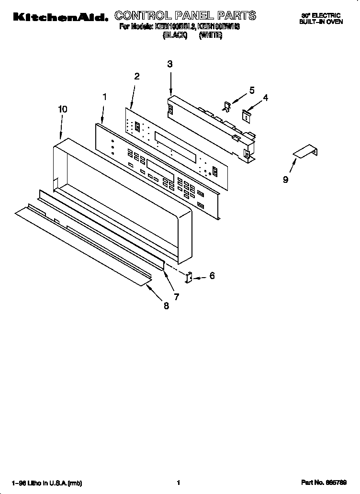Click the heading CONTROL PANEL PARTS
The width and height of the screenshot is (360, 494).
pyautogui.click(x=185, y=16)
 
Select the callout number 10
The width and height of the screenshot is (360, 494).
pyautogui.click(x=62, y=109)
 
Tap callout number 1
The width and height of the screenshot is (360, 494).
pyautogui.click(x=105, y=97)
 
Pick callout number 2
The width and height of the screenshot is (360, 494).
pyautogui.click(x=137, y=76)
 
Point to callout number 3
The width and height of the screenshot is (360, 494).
pyautogui.click(x=170, y=64)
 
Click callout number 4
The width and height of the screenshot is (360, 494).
pyautogui.click(x=265, y=98)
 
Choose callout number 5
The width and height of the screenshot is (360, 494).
pyautogui.click(x=252, y=90)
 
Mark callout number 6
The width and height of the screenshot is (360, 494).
pyautogui.click(x=212, y=275)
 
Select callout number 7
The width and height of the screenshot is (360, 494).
pyautogui.click(x=176, y=297)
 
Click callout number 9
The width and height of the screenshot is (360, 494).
pyautogui.click(x=285, y=180)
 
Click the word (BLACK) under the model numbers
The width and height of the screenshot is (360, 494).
pyautogui.click(x=174, y=35)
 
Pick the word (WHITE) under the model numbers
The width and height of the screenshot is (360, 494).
pyautogui.click(x=211, y=35)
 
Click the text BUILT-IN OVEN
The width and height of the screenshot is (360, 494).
pyautogui.click(x=321, y=22)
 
